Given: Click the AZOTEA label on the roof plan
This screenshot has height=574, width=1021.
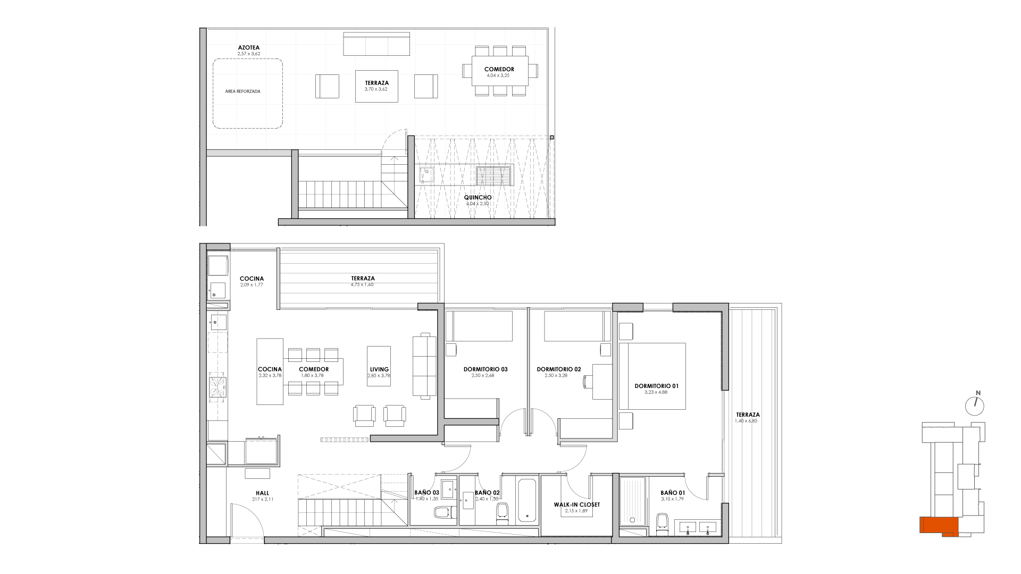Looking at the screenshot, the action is pos(248,47).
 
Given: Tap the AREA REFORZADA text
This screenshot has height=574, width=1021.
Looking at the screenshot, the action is pos(242,91).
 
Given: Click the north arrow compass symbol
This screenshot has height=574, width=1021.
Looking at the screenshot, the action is pos(975,406).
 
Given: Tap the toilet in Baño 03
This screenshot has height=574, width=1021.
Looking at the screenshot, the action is pos(443,513).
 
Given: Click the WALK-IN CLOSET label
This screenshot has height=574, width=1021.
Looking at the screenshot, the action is pos(576,504).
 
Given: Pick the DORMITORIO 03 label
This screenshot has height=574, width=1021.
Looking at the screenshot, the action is pos(486,369).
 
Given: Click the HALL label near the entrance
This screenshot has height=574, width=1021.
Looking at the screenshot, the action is pos(262,493).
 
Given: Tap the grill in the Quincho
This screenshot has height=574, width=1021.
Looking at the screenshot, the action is pos(494,175).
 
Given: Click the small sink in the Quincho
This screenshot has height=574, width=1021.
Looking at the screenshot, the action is pos(426,174).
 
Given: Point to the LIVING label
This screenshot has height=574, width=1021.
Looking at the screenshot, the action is pos(379,369).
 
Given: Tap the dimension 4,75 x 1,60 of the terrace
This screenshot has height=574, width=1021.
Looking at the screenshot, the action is pos(363,284).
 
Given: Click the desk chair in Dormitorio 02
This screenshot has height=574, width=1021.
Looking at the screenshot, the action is pos(588,382).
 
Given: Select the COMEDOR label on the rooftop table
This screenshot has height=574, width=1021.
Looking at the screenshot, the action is pos(499,69).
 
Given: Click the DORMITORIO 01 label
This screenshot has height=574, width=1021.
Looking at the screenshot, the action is pos(656,386).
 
